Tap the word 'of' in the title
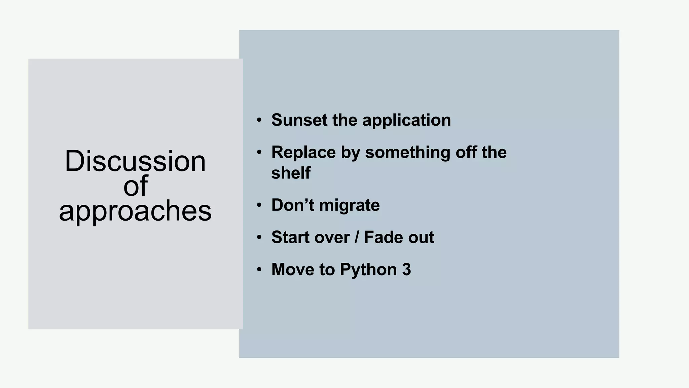click(135, 186)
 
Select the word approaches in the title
click(135, 211)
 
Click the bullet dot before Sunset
click(259, 120)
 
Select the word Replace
click(303, 152)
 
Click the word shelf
click(291, 173)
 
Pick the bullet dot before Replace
click(259, 153)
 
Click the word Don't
click(292, 205)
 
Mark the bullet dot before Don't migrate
click(259, 205)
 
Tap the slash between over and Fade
click(357, 237)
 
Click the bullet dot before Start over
click(259, 237)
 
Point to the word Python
click(368, 270)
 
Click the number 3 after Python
click(406, 269)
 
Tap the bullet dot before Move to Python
click(259, 270)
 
